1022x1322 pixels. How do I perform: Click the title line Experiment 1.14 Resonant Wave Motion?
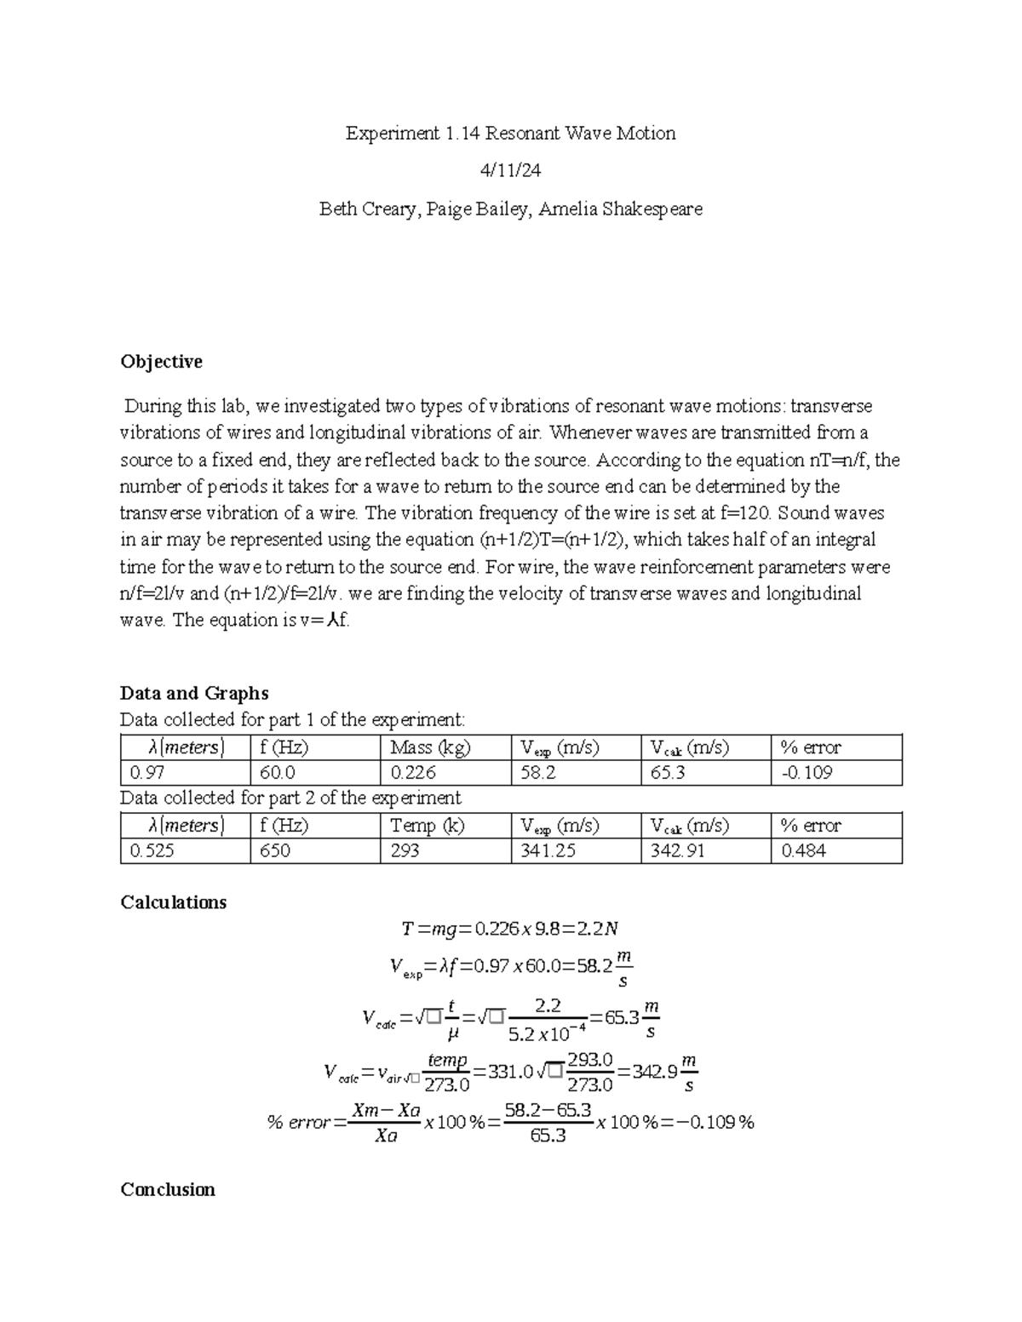(x=510, y=134)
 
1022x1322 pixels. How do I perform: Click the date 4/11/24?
(x=510, y=171)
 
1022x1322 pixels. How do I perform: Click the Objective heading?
(x=161, y=362)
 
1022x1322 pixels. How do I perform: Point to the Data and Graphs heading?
(x=194, y=693)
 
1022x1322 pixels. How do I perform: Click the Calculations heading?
(x=173, y=902)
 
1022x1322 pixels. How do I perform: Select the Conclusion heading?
(x=167, y=1189)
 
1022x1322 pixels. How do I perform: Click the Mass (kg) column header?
(x=430, y=747)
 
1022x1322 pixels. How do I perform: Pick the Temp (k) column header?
(x=427, y=825)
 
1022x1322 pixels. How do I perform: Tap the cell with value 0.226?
(x=413, y=773)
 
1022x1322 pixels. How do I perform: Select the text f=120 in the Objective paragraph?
(x=744, y=513)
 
